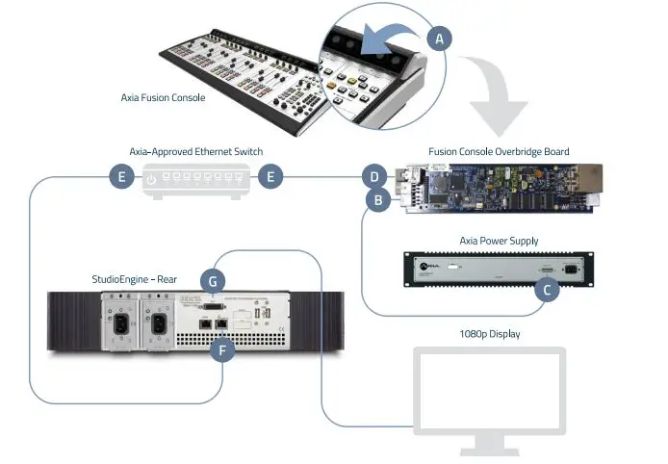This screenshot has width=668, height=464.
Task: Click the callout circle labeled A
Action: (440, 39)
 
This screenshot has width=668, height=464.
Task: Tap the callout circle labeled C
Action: (547, 287)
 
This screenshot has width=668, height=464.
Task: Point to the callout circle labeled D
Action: (373, 177)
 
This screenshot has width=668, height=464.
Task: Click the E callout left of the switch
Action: (121, 177)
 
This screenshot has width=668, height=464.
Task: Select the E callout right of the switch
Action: (273, 177)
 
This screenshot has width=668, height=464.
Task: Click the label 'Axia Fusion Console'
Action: (163, 97)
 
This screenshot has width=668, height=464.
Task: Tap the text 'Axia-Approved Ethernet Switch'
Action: (196, 151)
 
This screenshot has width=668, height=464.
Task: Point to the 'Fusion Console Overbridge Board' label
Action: (499, 151)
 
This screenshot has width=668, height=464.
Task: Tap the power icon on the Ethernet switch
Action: (152, 178)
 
